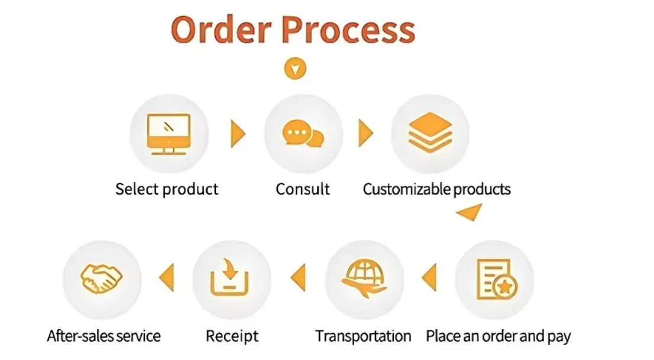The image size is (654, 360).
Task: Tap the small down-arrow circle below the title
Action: click(296, 69)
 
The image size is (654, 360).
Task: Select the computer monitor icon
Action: click(169, 134)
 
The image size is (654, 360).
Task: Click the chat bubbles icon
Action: click(303, 134)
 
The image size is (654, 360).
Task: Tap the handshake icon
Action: click(101, 276)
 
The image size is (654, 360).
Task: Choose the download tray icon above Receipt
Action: click(231, 278)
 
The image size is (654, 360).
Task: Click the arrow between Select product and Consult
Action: click(238, 134)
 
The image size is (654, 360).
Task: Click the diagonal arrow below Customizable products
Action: click(471, 212)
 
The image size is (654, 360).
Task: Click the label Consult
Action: click(302, 189)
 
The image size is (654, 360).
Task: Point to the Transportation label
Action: click(363, 336)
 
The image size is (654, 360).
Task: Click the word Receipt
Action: click(232, 336)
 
